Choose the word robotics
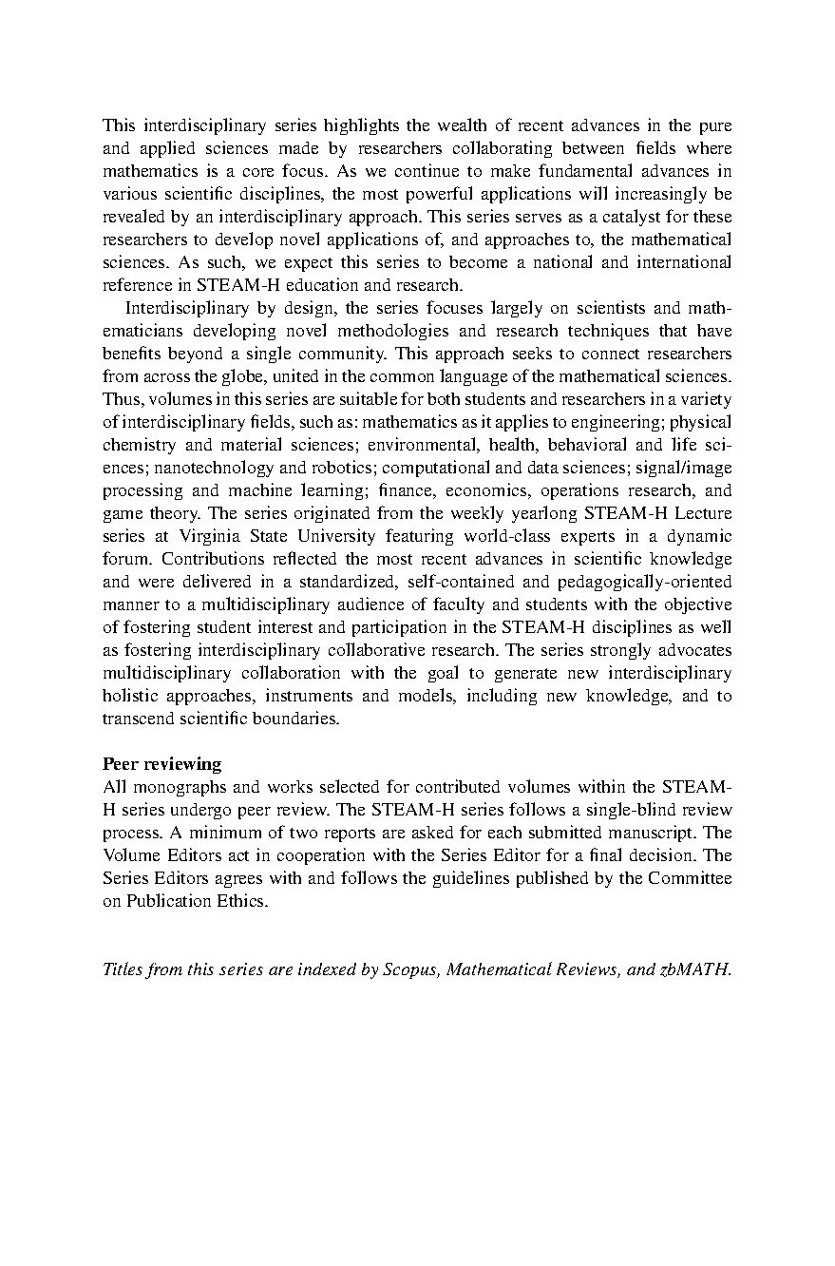(343, 468)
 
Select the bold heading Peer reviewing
(161, 763)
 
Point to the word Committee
(690, 878)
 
